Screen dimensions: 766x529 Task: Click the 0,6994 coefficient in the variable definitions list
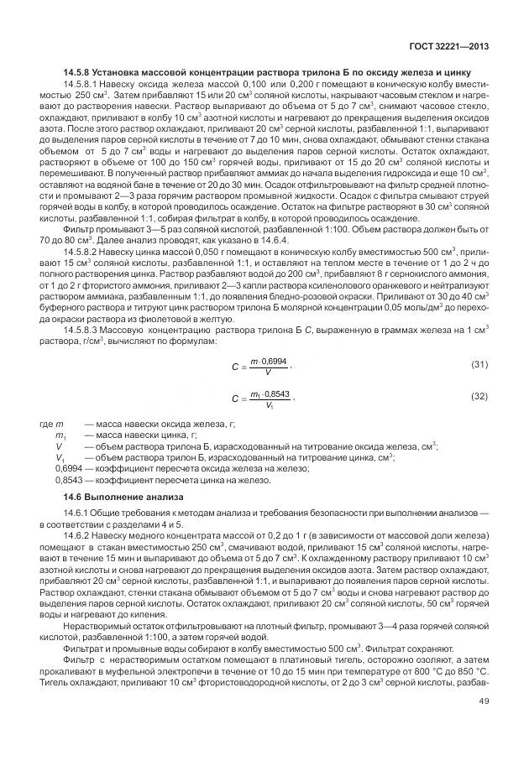click(x=68, y=469)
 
